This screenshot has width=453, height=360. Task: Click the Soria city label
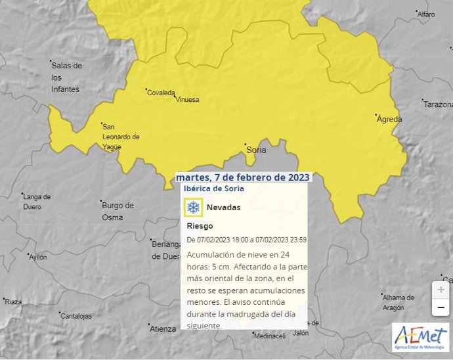pos(255,150)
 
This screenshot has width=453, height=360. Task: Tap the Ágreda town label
pos(389,120)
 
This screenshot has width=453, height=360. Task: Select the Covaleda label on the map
pos(161,93)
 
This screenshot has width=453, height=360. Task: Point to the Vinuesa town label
pos(187,100)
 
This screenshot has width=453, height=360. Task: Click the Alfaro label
pos(426,14)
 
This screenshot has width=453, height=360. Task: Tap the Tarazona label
pos(438,104)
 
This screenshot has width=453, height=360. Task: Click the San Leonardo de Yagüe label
pos(121,137)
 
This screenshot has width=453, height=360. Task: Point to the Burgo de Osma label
pos(118,210)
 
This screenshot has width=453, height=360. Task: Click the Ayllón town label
pos(38,258)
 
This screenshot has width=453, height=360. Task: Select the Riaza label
pos(13,302)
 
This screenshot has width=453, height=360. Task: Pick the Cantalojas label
pos(76,316)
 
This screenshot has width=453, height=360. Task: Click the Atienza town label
pos(163,328)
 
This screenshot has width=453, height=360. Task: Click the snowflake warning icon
pos(194,208)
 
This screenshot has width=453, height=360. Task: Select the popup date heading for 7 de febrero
pos(243,177)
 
